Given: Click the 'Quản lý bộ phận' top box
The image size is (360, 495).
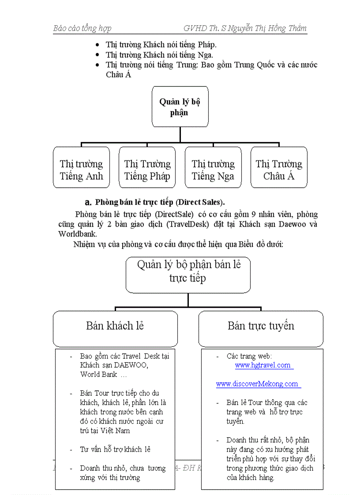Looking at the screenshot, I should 180,107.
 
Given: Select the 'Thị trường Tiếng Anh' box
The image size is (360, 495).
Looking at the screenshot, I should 81,170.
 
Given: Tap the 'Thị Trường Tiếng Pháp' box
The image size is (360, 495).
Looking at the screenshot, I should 147,170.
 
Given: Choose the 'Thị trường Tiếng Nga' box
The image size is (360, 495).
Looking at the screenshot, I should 213,170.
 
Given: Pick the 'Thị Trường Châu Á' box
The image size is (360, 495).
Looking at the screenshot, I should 279,170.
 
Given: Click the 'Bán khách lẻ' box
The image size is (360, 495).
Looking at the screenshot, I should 115,326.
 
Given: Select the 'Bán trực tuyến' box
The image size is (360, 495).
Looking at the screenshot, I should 261,326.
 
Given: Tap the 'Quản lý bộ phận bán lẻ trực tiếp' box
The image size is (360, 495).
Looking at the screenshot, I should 188,272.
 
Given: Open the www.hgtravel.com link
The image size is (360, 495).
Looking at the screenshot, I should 263,365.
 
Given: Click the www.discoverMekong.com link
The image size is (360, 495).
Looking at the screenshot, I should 257,384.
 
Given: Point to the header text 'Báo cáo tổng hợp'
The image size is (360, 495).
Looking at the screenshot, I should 82,28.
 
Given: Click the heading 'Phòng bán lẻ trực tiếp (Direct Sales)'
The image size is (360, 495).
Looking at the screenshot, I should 160,202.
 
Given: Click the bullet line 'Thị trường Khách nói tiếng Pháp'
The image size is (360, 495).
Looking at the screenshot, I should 161,45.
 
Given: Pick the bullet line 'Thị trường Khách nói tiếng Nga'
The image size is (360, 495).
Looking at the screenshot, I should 159,55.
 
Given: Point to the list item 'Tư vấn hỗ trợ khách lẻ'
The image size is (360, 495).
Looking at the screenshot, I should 115,449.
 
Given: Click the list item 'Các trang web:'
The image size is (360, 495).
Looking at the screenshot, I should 249,356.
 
